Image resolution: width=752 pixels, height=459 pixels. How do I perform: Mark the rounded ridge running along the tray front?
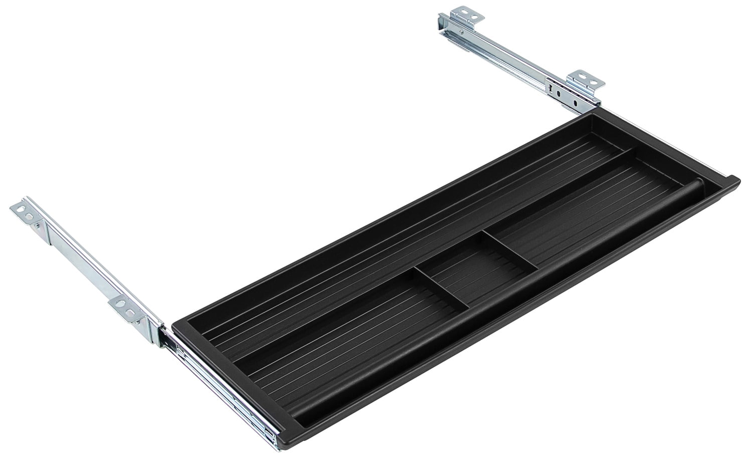[x=501, y=311]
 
